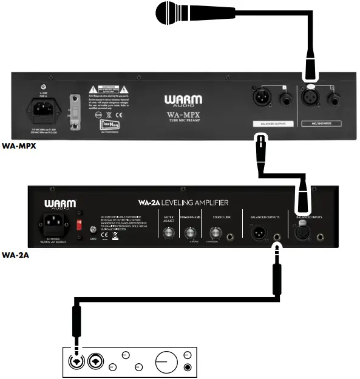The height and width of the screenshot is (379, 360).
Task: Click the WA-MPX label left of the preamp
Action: tap(16, 146)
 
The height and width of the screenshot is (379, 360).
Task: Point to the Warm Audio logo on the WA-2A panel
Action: tap(60, 204)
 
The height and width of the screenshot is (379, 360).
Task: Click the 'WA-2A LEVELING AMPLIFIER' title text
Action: tap(182, 202)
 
